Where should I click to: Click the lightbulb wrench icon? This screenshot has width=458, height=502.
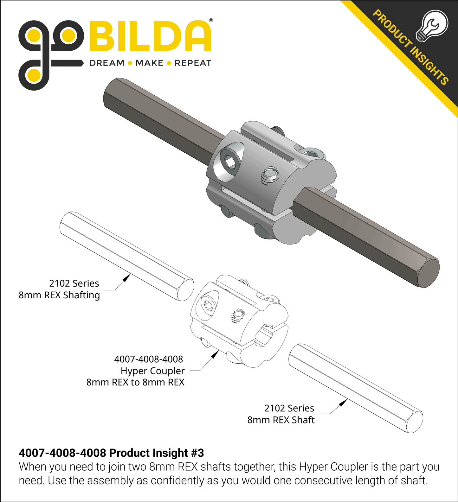coord(432,26)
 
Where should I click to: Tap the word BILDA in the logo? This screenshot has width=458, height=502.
coord(151,36)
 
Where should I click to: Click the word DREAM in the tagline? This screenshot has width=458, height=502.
coord(107,63)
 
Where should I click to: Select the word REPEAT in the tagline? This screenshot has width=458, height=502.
coord(193,63)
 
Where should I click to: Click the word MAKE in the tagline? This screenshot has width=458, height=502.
coord(149,63)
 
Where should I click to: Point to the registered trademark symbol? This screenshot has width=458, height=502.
coord(211,20)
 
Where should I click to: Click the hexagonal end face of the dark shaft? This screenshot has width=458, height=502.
coord(428,273)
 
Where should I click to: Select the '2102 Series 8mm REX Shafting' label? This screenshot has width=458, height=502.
coord(59,289)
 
